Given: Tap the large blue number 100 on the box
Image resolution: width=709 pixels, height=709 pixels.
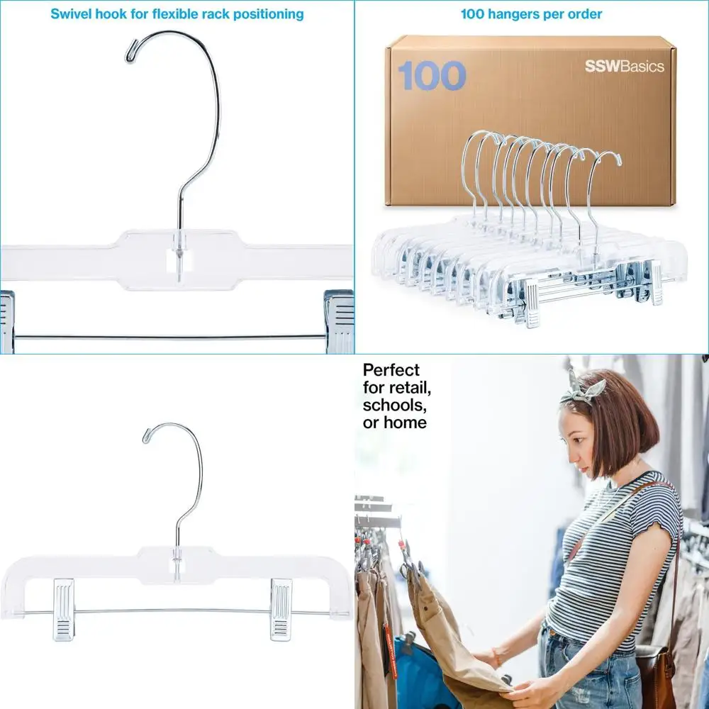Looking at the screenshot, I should click(432, 77).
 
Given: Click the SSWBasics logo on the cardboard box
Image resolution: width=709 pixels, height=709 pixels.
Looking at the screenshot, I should click(624, 67).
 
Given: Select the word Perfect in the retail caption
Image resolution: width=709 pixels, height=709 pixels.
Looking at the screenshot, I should click(391, 370).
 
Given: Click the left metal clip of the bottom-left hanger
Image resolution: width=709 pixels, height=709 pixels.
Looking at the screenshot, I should click(63, 608).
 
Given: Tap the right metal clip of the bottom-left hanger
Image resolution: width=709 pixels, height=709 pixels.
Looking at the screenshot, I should click(281, 608).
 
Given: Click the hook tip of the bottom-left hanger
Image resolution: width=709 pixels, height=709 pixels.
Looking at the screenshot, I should click(147, 437).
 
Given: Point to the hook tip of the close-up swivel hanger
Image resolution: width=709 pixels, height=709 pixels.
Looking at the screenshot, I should click(130, 55).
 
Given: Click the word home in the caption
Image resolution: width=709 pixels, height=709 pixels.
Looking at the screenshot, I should click(405, 423).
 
